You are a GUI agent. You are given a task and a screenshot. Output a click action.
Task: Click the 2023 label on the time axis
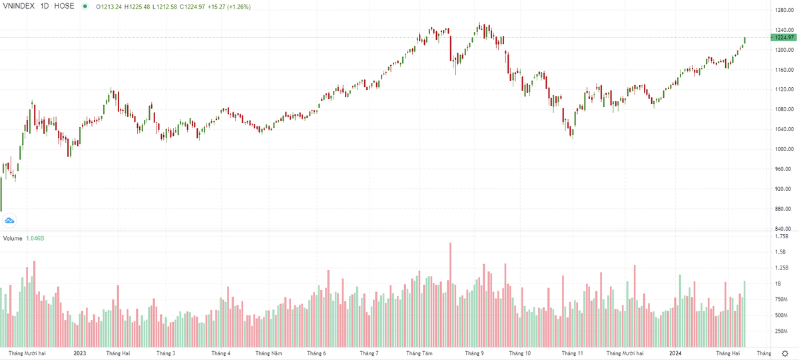80,353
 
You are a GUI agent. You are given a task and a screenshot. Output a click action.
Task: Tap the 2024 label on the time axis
676,353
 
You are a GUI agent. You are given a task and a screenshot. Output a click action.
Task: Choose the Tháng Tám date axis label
419,353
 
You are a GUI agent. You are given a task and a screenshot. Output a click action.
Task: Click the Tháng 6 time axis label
316,353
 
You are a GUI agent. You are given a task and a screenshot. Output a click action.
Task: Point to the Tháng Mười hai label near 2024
625,353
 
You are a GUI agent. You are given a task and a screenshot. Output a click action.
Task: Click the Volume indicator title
13,238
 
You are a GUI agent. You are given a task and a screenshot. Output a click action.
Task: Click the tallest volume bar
451,293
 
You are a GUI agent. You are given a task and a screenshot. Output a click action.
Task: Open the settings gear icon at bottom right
786,353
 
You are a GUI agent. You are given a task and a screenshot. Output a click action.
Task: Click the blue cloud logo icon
10,220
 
